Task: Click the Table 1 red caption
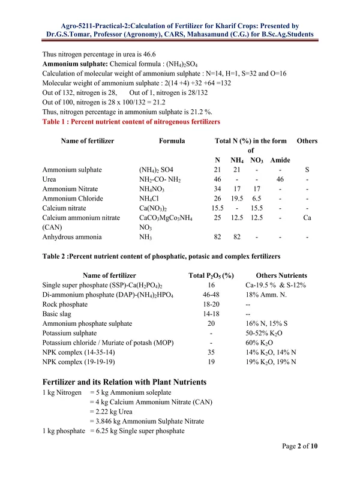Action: pyautogui.click(x=131, y=121)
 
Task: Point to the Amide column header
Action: pyautogui.click(x=280, y=160)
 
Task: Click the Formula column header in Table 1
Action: pyautogui.click(x=172, y=141)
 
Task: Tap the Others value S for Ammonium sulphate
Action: pyautogui.click(x=307, y=170)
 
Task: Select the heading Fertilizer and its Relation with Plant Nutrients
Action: pyautogui.click(x=125, y=382)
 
